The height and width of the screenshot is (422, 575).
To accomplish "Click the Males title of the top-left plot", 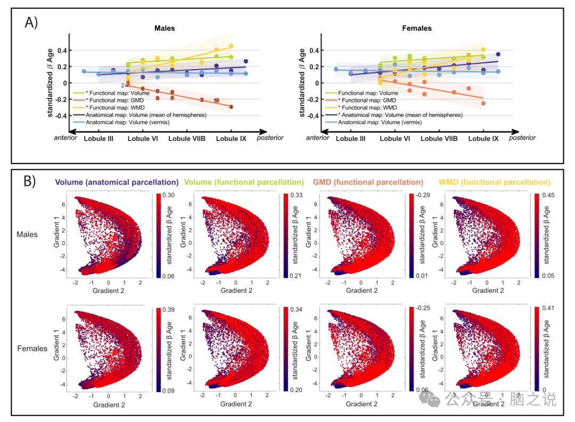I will coord(165,28).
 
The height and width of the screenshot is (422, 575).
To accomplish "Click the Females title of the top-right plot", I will coord(417,28).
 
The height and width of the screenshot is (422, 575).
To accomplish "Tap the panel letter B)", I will coord(30,181).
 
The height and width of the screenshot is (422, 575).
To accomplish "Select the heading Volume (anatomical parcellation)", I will coord(116,182).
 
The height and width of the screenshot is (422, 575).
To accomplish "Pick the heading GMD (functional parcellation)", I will coord(368,182).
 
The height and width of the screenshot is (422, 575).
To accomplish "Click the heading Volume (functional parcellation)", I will coord(244,182).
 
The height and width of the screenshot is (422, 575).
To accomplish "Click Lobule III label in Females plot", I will coord(350,138).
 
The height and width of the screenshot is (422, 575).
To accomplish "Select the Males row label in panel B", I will coord(27,234).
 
